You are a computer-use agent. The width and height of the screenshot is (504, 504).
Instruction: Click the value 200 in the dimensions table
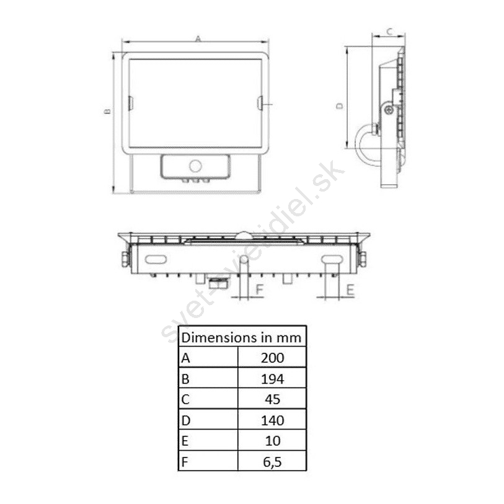click(x=272, y=358)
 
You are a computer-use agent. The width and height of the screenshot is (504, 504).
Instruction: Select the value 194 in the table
click(x=272, y=379)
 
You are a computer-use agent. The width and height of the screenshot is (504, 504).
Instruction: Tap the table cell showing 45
click(x=272, y=399)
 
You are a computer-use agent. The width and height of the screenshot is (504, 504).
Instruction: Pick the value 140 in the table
click(x=272, y=420)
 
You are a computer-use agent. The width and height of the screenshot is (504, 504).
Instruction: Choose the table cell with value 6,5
click(x=272, y=462)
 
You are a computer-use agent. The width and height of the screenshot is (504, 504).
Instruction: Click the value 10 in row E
click(x=272, y=441)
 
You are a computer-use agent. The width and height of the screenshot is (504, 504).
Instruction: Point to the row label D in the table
click(x=186, y=420)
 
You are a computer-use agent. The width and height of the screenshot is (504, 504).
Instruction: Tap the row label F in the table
click(x=185, y=462)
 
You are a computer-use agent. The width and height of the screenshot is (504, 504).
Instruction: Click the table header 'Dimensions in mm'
click(x=241, y=337)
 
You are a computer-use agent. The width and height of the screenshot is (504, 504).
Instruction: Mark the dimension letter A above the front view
click(x=198, y=38)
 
